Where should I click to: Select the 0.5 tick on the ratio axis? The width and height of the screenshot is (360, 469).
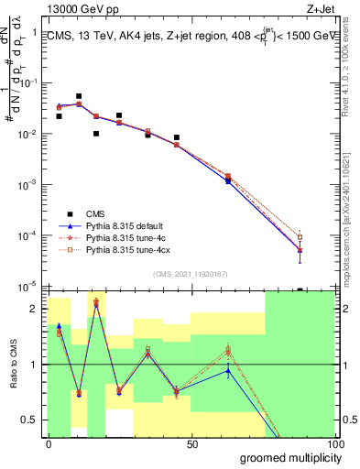pyautogui.click(x=31, y=420)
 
